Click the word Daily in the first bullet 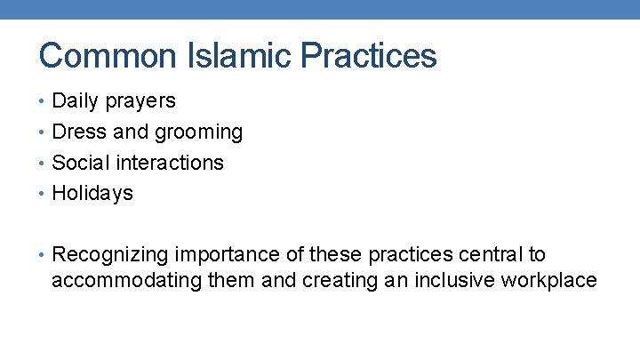coord(76,101)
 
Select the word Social coord(80,163)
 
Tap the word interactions coord(169,163)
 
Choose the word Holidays coord(92,194)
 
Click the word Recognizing coord(112,256)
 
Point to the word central coord(490,255)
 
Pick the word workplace coord(548,282)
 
